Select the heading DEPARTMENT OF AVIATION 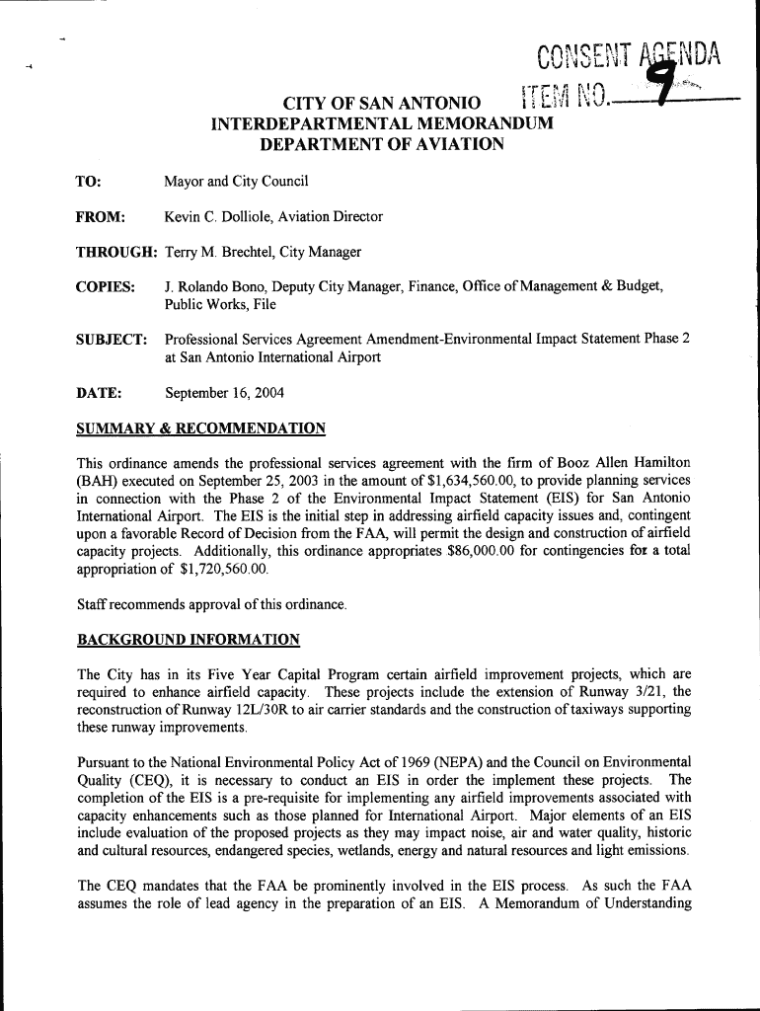[381, 144]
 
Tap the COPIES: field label [106, 286]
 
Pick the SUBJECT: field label [112, 340]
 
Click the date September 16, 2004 [224, 393]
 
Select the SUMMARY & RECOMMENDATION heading [201, 428]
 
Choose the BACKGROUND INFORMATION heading [189, 640]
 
